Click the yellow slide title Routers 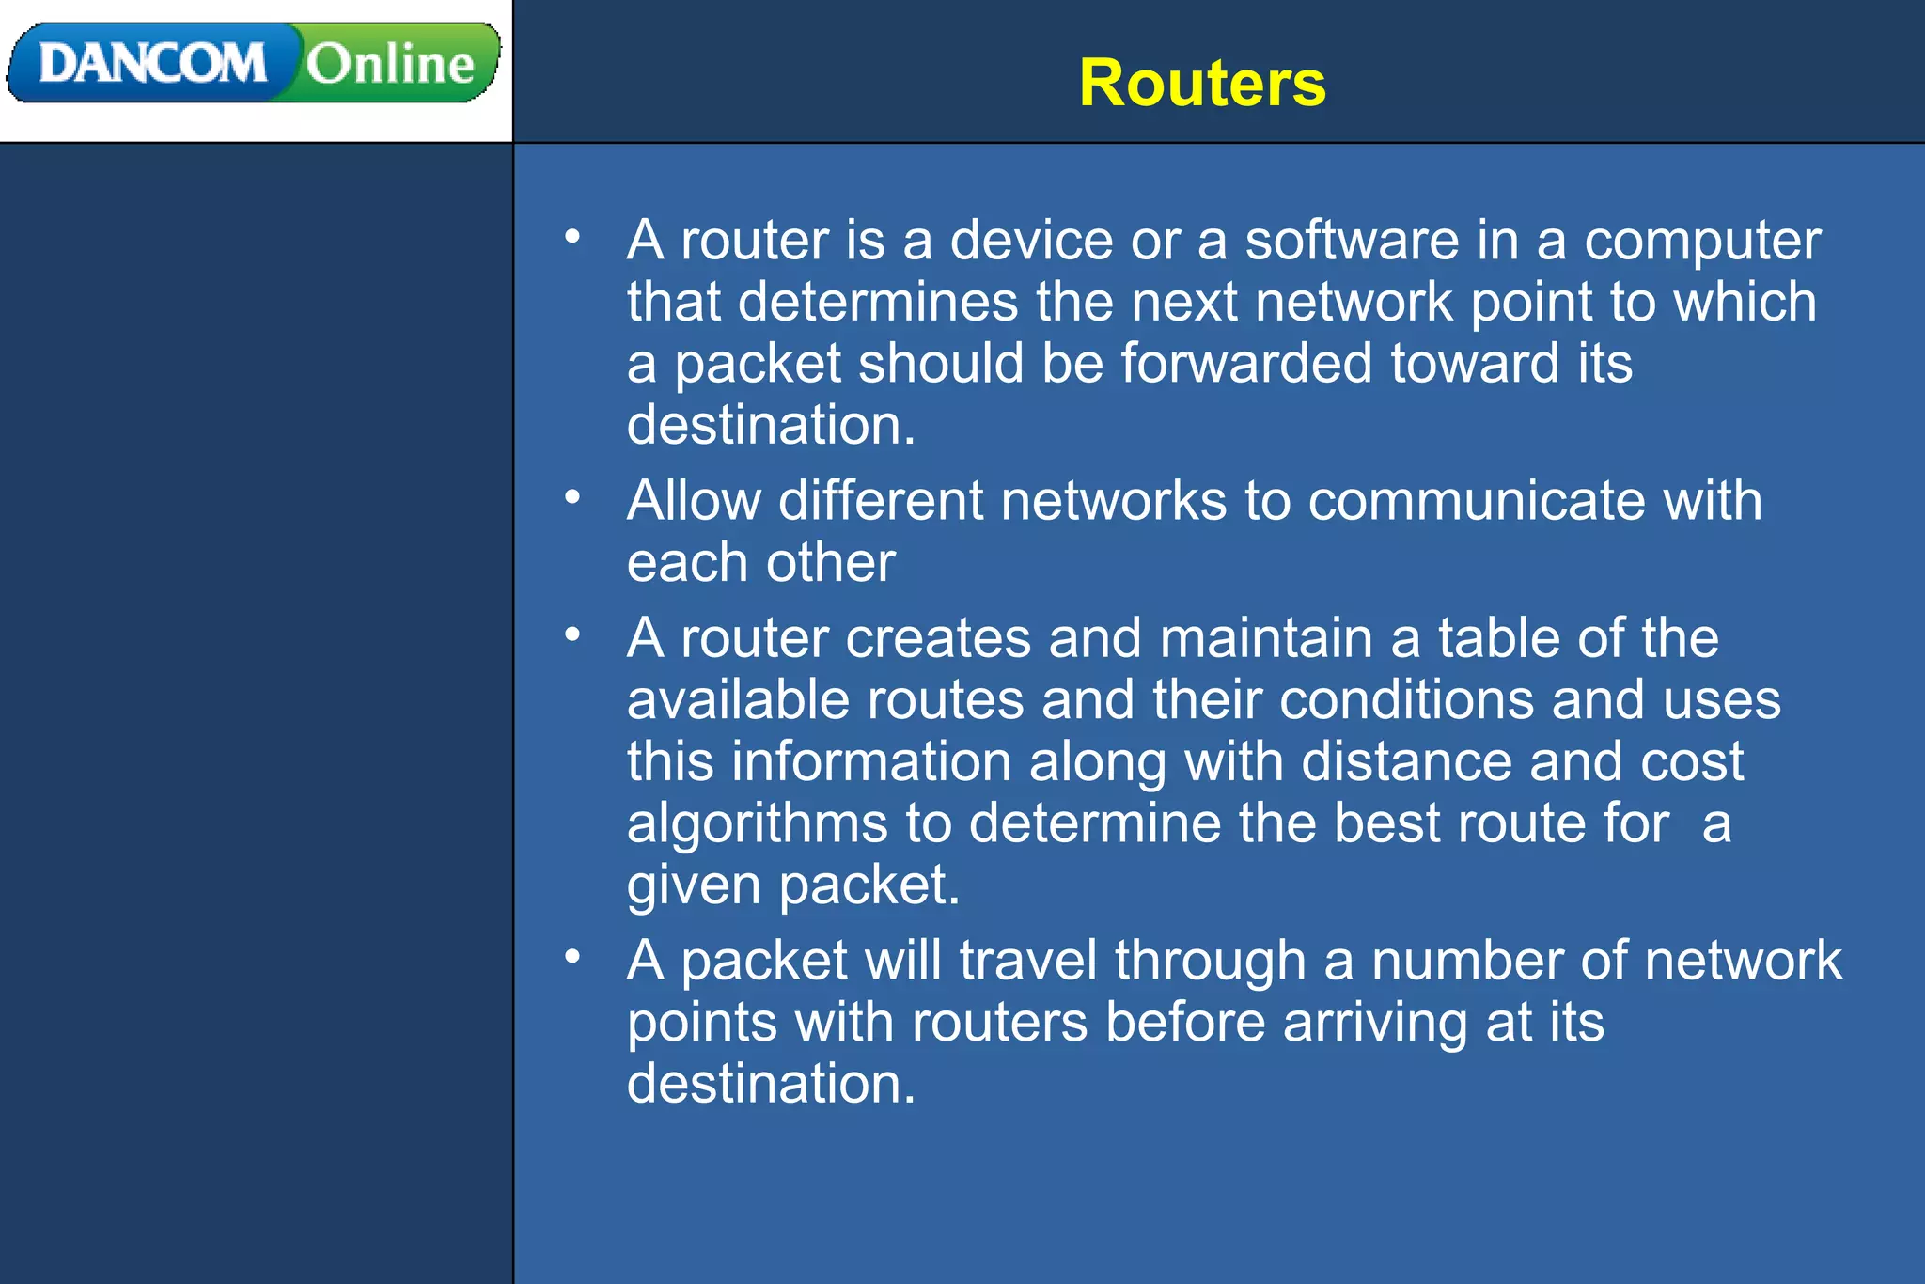[1201, 84]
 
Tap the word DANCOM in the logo [152, 64]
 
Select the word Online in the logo [390, 64]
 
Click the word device [1031, 241]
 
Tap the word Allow [694, 500]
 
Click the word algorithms [757, 824]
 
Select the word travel [1027, 961]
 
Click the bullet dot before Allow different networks [572, 496]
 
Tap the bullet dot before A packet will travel [572, 957]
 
